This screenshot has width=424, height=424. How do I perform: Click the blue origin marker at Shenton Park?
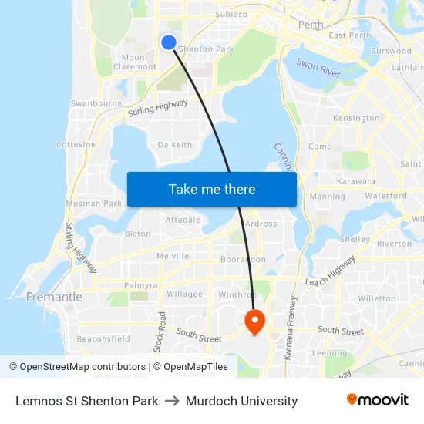coord(168,42)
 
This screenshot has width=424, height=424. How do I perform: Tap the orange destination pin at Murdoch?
coord(254,320)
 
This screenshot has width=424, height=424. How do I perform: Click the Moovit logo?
coord(377,400)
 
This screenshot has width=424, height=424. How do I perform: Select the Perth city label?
coord(311,25)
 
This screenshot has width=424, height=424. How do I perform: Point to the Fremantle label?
coord(54,297)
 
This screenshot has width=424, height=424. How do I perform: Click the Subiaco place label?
coord(231,14)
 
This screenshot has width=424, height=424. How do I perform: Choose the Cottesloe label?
coord(76,144)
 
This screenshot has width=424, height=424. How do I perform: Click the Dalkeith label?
coord(175,144)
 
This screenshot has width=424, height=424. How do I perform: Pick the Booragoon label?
coord(243,260)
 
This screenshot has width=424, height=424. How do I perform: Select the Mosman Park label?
coord(94,204)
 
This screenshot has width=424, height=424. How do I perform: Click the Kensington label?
coord(356,118)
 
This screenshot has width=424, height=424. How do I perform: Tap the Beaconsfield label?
coord(103,338)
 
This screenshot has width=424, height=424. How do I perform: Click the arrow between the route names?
coord(172,401)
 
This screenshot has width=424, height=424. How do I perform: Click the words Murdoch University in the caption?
coord(241,401)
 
